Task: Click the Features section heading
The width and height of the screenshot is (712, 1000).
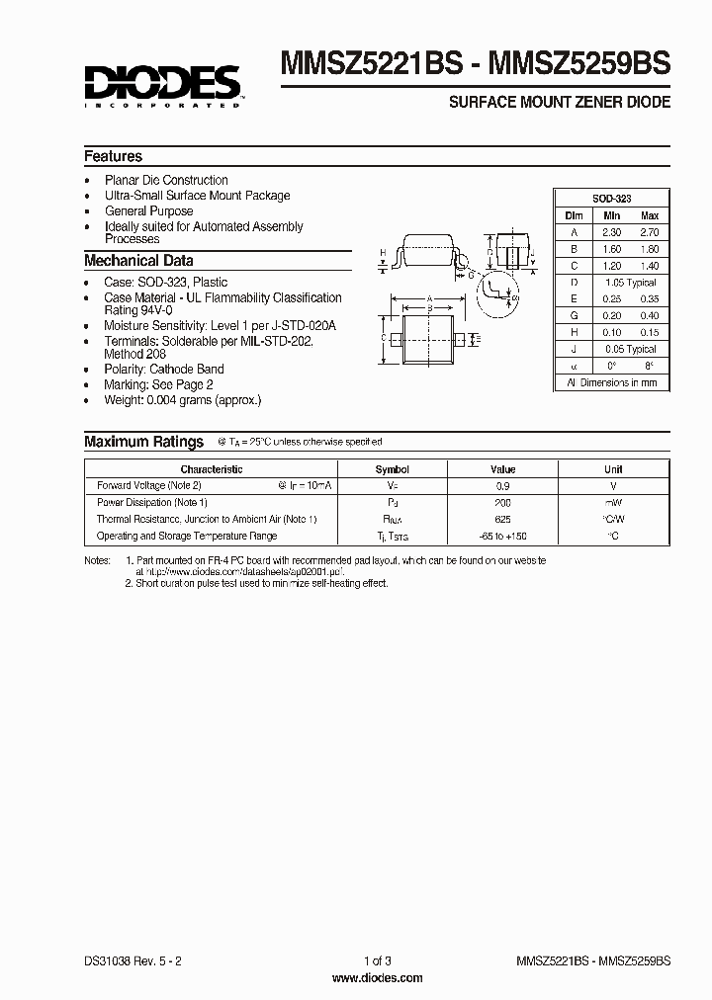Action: pyautogui.click(x=113, y=156)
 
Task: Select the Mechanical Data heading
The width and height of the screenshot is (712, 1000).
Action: pyautogui.click(x=138, y=261)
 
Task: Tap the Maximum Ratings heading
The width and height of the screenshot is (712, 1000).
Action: pyautogui.click(x=143, y=442)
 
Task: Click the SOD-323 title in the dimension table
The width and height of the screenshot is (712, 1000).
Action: pyautogui.click(x=611, y=199)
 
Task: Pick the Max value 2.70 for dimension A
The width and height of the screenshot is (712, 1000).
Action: pyautogui.click(x=649, y=232)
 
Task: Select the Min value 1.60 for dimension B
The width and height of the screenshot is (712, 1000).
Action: pyautogui.click(x=612, y=249)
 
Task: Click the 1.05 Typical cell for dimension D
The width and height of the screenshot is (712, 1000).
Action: pyautogui.click(x=631, y=283)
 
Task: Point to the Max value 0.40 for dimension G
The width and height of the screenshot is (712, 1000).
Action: pyautogui.click(x=649, y=316)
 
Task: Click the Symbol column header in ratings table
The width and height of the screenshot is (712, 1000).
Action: pyautogui.click(x=393, y=469)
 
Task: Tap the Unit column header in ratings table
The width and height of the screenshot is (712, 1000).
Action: pyautogui.click(x=613, y=469)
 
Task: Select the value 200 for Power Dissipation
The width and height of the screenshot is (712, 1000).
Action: pyautogui.click(x=502, y=503)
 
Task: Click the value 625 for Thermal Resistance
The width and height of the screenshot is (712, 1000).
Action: pyautogui.click(x=502, y=519)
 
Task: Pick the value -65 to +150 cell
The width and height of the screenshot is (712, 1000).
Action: pyautogui.click(x=502, y=536)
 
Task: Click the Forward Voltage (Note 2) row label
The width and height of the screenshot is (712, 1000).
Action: pyautogui.click(x=149, y=486)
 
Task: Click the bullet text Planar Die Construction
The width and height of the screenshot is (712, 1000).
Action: pyautogui.click(x=166, y=180)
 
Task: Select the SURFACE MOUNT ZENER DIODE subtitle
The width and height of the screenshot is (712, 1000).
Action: pyautogui.click(x=560, y=102)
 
